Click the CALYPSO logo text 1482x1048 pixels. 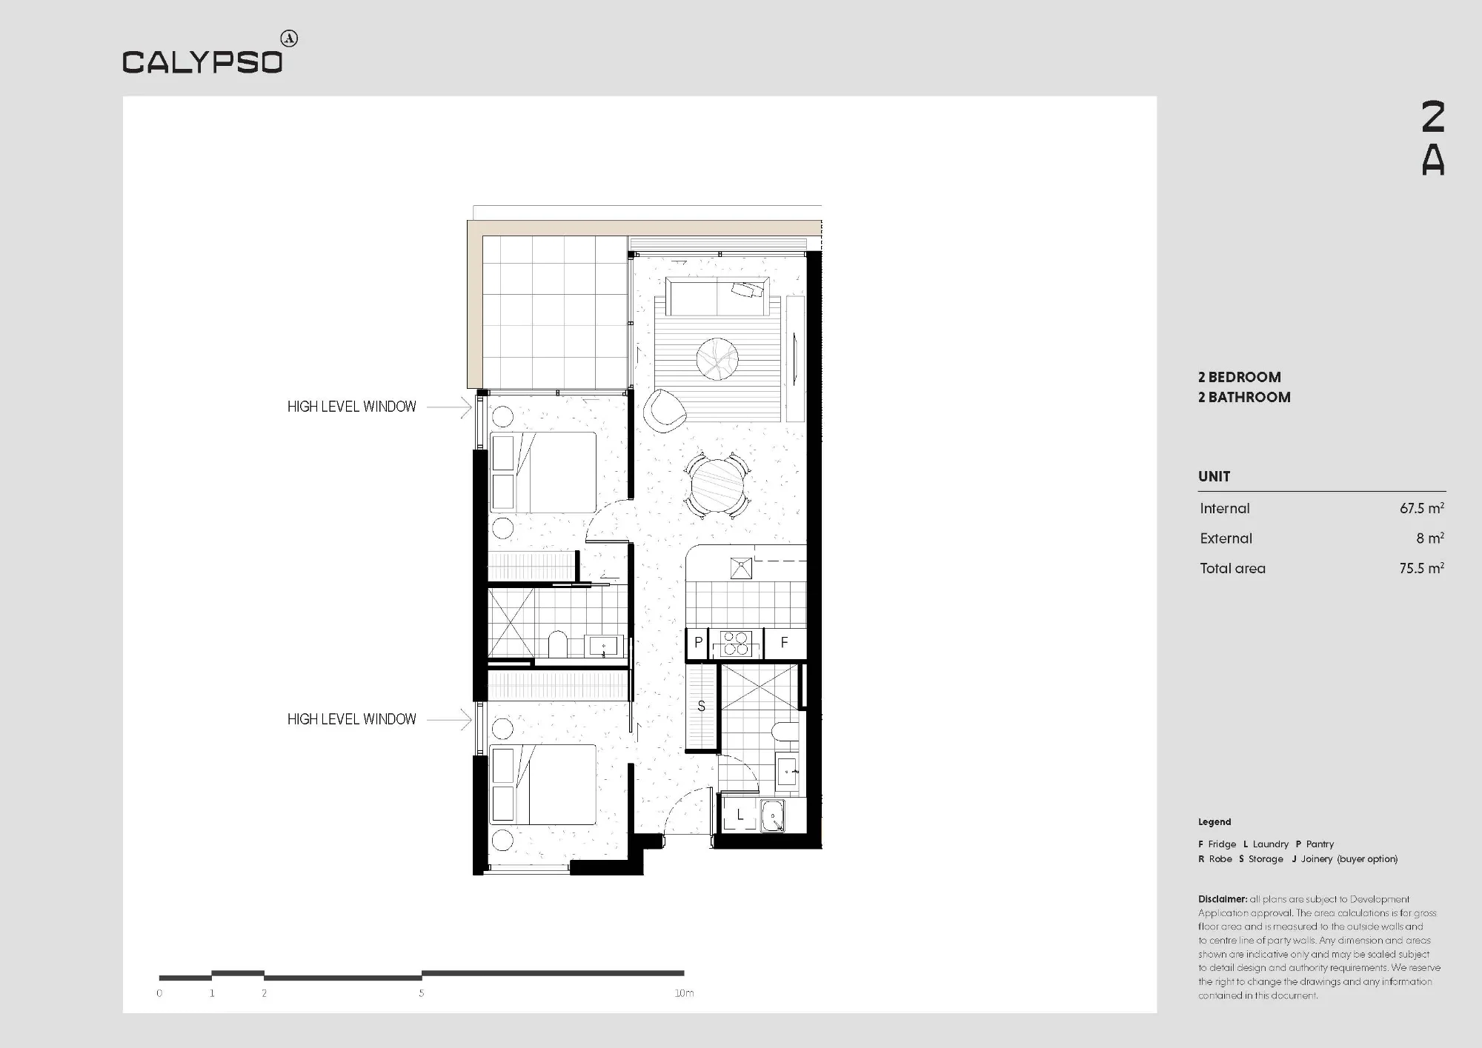202,61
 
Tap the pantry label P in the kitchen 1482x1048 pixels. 698,643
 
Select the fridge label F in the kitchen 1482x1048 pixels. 784,643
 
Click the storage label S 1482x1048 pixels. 701,707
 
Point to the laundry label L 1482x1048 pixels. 740,815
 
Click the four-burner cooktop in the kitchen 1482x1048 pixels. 736,644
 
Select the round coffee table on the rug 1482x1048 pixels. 717,359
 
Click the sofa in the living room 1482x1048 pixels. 717,296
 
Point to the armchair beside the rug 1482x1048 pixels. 665,410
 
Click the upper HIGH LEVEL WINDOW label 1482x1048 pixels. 352,407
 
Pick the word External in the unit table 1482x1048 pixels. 1226,538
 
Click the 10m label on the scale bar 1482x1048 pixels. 684,993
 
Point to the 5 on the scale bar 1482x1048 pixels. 422,993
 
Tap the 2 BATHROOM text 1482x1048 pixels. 1244,397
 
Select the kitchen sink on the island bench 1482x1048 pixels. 741,568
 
